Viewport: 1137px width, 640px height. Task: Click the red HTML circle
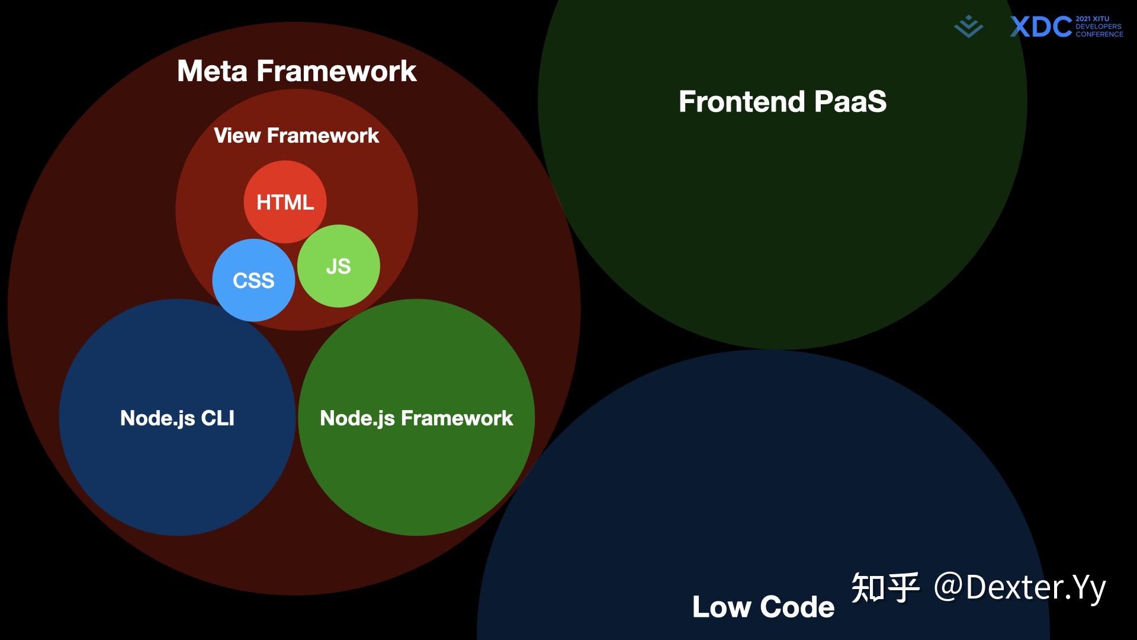(285, 202)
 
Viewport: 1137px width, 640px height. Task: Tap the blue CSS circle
(253, 280)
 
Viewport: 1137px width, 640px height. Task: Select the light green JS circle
(338, 266)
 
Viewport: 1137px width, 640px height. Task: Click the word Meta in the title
(212, 71)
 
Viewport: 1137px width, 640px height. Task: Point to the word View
(237, 136)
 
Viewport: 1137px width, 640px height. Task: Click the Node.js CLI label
(177, 418)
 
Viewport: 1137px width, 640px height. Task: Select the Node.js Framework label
(416, 418)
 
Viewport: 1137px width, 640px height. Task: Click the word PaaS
(850, 101)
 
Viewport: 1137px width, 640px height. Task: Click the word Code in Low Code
(797, 607)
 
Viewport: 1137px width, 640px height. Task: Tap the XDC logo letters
(1040, 27)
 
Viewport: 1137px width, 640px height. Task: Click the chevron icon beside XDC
(968, 27)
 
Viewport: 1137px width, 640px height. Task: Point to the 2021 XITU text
(1093, 19)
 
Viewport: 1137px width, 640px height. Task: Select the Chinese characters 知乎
(885, 588)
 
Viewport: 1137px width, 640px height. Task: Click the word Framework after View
(323, 136)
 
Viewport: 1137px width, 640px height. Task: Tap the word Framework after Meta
(336, 71)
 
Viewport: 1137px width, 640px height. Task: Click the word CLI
(217, 418)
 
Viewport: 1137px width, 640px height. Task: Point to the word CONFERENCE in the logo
(1099, 34)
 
